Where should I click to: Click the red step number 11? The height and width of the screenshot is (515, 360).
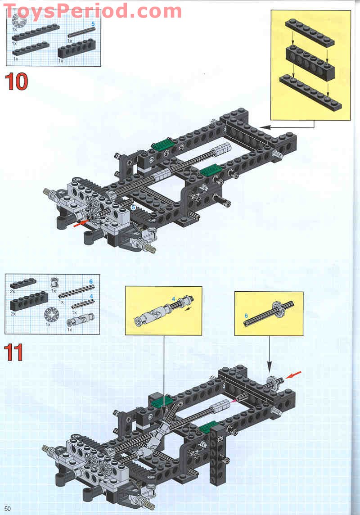[x=14, y=352]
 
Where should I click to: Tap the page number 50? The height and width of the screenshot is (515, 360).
[x=8, y=509]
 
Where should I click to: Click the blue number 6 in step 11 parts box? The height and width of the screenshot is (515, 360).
[x=90, y=281]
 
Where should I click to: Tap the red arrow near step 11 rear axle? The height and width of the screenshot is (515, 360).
[x=296, y=375]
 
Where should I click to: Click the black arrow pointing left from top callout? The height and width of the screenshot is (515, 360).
[x=266, y=126]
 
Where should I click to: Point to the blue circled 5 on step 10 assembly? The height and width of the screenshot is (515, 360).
[x=133, y=207]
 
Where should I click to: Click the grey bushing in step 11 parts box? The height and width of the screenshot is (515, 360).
[x=55, y=282]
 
